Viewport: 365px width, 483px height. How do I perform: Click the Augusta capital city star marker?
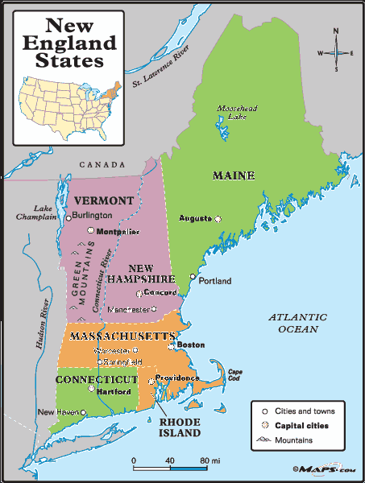pyautogui.click(x=217, y=218)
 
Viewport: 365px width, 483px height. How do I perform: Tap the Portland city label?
pyautogui.click(x=215, y=281)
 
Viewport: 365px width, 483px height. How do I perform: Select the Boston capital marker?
pyautogui.click(x=171, y=346)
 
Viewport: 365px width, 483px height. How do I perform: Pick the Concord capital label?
pyautogui.click(x=161, y=293)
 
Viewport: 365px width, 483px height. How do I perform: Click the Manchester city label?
pyautogui.click(x=129, y=308)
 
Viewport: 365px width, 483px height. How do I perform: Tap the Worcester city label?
pyautogui.click(x=111, y=350)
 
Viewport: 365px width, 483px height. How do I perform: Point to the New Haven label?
pyautogui.click(x=59, y=412)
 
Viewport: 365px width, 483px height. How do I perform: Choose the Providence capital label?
pyautogui.click(x=177, y=378)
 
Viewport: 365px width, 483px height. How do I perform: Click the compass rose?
pyautogui.click(x=336, y=53)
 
